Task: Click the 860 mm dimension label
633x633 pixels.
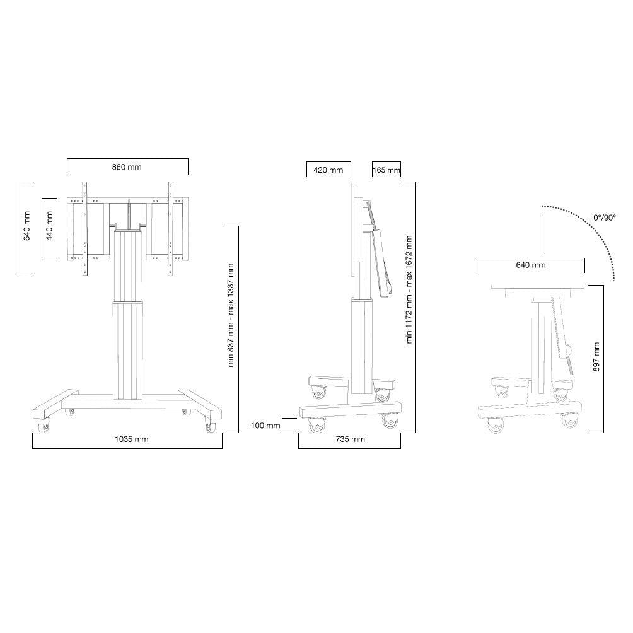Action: pyautogui.click(x=127, y=167)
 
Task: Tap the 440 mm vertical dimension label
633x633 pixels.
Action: pyautogui.click(x=49, y=226)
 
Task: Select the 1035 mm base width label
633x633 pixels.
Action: pyautogui.click(x=132, y=439)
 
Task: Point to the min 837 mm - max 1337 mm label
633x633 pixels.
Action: pyautogui.click(x=231, y=315)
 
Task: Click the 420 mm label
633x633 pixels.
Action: pyautogui.click(x=328, y=170)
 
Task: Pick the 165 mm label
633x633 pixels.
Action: pyautogui.click(x=386, y=170)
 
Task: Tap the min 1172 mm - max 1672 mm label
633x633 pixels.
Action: pyautogui.click(x=409, y=289)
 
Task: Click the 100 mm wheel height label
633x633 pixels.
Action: pyautogui.click(x=265, y=426)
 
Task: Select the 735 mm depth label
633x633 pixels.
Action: pyautogui.click(x=350, y=439)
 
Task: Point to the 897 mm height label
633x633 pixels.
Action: pyautogui.click(x=596, y=357)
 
